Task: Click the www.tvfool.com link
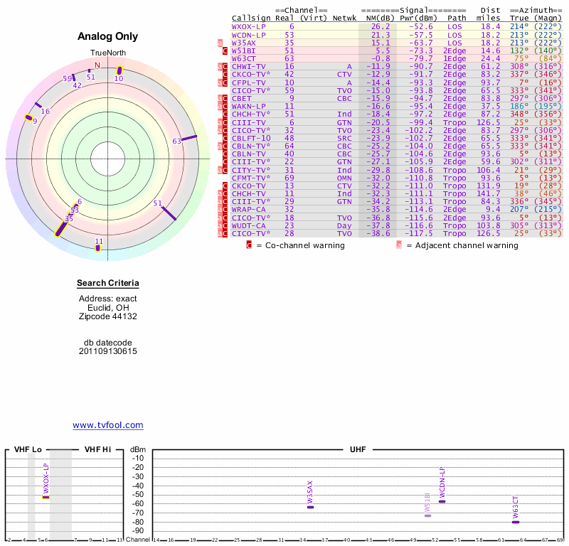tap(108, 425)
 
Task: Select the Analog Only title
tap(107, 36)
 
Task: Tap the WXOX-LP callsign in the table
tap(249, 26)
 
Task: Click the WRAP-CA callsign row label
tap(248, 210)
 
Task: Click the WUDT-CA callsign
tap(248, 225)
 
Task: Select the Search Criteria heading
tap(108, 284)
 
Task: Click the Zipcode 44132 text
tap(108, 316)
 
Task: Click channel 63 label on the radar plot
tap(177, 141)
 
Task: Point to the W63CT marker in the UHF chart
tap(516, 522)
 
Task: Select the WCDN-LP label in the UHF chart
tap(442, 481)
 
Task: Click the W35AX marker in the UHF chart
tap(310, 506)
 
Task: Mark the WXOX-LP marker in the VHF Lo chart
tap(46, 497)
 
